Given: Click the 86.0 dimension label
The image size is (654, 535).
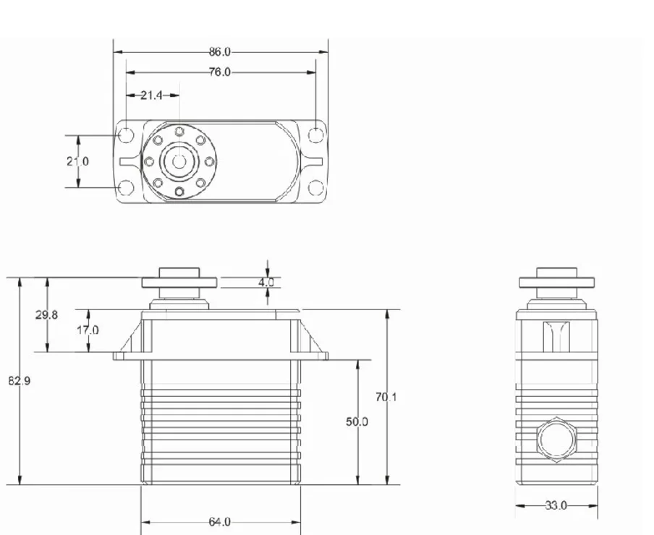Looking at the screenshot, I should pyautogui.click(x=219, y=52).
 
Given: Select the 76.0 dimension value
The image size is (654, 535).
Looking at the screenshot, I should pyautogui.click(x=219, y=72).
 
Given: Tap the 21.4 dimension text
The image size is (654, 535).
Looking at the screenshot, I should pyautogui.click(x=151, y=95).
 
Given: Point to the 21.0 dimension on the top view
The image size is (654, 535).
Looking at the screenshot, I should pyautogui.click(x=77, y=161).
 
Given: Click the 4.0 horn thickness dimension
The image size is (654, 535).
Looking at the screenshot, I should pyautogui.click(x=266, y=283).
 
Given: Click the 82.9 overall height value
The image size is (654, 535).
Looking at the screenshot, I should pyautogui.click(x=20, y=380).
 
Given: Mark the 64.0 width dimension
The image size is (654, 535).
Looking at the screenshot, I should pyautogui.click(x=219, y=521).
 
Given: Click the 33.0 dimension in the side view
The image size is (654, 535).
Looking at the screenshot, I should pyautogui.click(x=556, y=505).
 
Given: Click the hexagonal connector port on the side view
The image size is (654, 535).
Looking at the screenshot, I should pyautogui.click(x=556, y=438).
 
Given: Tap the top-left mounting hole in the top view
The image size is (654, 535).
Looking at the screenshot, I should pyautogui.click(x=126, y=135).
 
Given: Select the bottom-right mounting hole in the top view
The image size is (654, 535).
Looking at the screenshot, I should pyautogui.click(x=316, y=188).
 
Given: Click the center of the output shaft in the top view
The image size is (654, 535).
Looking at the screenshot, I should pyautogui.click(x=178, y=161).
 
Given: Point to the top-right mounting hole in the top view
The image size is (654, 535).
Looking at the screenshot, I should pyautogui.click(x=316, y=135).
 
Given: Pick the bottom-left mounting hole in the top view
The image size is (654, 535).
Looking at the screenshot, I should pyautogui.click(x=126, y=188).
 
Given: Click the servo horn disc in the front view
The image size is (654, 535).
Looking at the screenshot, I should pyautogui.click(x=178, y=282).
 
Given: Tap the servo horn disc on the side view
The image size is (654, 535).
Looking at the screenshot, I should pyautogui.click(x=556, y=282).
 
